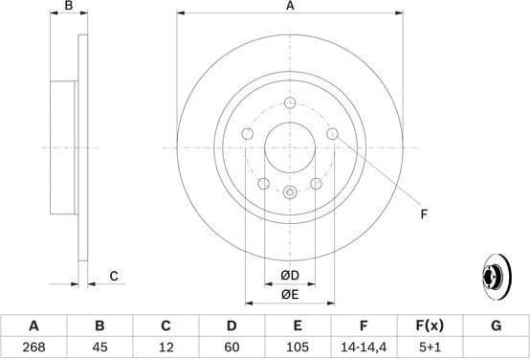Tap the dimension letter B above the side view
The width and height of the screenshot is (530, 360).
pyautogui.click(x=67, y=8)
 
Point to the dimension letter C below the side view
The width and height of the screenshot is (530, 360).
pyautogui.click(x=113, y=277)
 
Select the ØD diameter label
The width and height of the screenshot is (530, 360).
pyautogui.click(x=289, y=277)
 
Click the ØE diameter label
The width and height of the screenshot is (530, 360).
pyautogui.click(x=289, y=294)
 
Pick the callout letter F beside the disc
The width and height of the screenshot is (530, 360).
pyautogui.click(x=424, y=214)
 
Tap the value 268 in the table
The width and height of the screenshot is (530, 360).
pyautogui.click(x=33, y=348)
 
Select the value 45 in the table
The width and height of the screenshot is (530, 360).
pyautogui.click(x=99, y=348)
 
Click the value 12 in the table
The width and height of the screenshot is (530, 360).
pyautogui.click(x=166, y=348)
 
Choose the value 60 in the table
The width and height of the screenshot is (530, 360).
pyautogui.click(x=232, y=348)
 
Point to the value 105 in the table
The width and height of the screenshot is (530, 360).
pyautogui.click(x=298, y=348)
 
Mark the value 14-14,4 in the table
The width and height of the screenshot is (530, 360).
pyautogui.click(x=364, y=348)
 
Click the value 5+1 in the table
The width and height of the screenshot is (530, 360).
pyautogui.click(x=430, y=348)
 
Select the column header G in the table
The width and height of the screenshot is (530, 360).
pyautogui.click(x=496, y=326)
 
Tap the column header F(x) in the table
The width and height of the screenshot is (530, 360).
pyautogui.click(x=430, y=326)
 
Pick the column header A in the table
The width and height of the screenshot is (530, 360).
pyautogui.click(x=33, y=326)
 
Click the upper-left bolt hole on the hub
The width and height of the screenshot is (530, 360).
pyautogui.click(x=247, y=133)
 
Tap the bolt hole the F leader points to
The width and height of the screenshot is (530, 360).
pyautogui.click(x=332, y=133)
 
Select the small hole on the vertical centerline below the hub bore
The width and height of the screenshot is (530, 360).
pyautogui.click(x=289, y=191)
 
